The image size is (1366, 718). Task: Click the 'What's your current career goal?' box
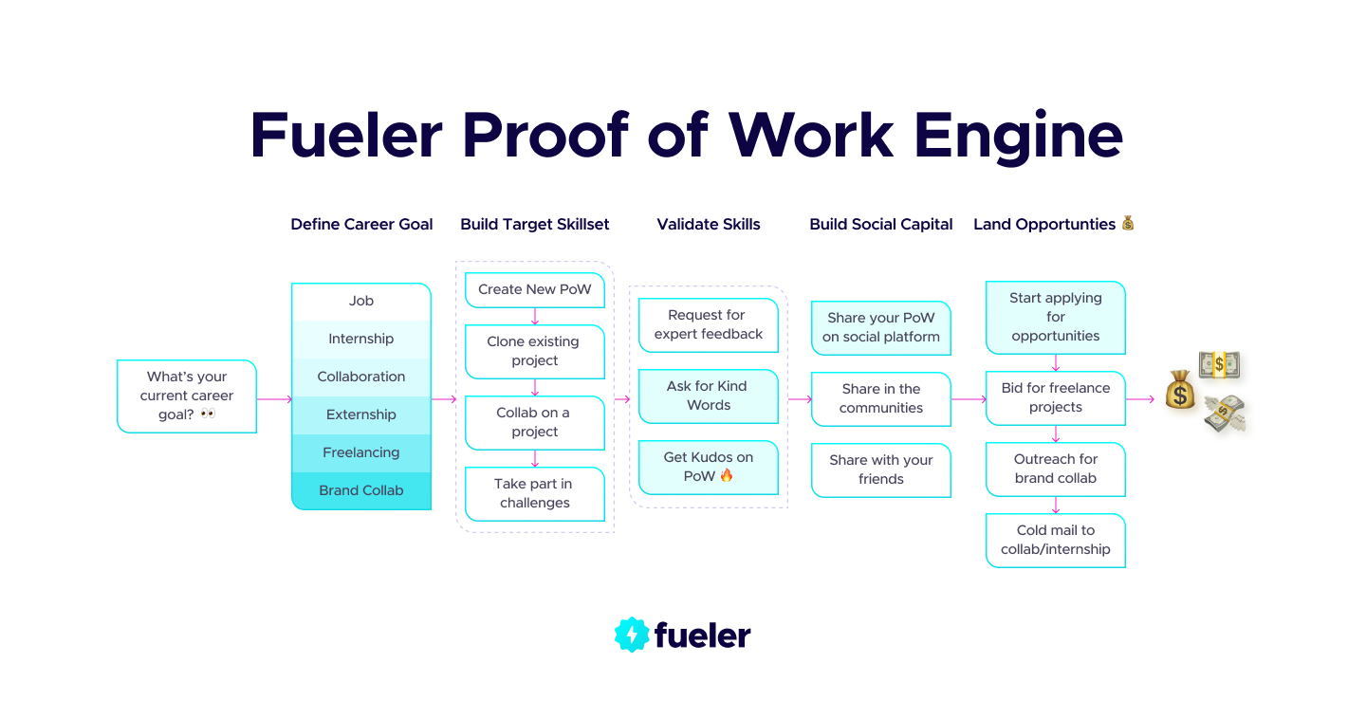click(x=187, y=396)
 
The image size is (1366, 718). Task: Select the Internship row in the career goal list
click(x=360, y=339)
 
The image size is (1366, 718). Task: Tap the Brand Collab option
click(x=360, y=490)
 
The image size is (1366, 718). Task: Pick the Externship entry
click(x=360, y=414)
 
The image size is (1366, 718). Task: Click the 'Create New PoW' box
click(x=534, y=289)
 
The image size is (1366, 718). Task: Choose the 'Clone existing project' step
click(x=534, y=351)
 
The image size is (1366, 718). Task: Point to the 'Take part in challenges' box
click(x=534, y=493)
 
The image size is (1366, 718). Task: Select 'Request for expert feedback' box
click(x=708, y=324)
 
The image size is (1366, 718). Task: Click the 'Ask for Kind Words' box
click(x=708, y=396)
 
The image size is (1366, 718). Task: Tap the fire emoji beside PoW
click(x=727, y=475)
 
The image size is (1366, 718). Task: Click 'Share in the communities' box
click(x=880, y=398)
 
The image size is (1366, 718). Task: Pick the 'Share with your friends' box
click(x=880, y=469)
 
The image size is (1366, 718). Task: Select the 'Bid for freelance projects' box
click(x=1055, y=397)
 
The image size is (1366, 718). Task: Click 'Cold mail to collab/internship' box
click(x=1055, y=540)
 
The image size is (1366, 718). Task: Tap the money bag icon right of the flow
click(x=1180, y=390)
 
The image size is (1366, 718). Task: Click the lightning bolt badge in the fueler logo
click(x=631, y=635)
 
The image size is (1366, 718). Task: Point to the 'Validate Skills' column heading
click(x=708, y=225)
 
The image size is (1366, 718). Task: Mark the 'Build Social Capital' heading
click(x=880, y=225)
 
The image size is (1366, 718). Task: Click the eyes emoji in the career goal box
click(x=208, y=414)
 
